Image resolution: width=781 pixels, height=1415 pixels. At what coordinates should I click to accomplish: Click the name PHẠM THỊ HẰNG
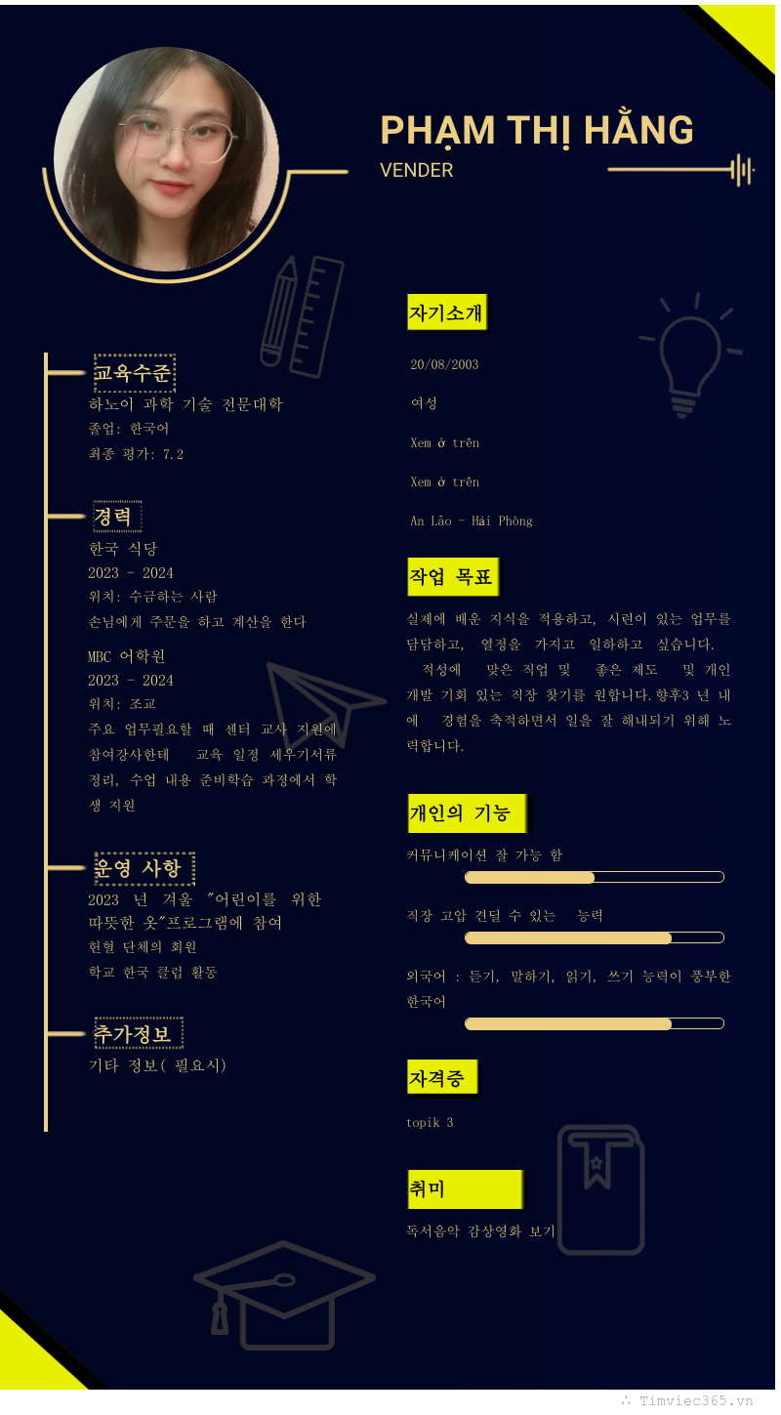(x=536, y=131)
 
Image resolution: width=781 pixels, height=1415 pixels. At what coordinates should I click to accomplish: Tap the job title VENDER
(x=417, y=170)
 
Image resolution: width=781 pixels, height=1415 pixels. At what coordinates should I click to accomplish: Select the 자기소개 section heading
(x=446, y=313)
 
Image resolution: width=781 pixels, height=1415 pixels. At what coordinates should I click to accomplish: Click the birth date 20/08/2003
(x=444, y=364)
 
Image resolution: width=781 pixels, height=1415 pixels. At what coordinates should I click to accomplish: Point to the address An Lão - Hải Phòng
(x=471, y=520)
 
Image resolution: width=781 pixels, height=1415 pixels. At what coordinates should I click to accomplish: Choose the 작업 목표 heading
(x=451, y=577)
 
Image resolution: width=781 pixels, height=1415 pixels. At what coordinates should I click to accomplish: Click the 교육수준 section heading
(x=133, y=373)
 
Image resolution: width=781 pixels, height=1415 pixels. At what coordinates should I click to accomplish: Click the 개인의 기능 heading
(x=464, y=812)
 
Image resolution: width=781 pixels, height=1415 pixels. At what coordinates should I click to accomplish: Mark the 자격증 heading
(x=440, y=1079)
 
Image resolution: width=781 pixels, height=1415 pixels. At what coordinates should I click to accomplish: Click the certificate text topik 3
(x=430, y=1123)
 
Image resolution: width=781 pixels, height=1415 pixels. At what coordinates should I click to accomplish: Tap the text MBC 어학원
(x=127, y=656)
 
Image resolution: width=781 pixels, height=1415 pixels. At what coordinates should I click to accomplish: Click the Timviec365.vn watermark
(x=695, y=1400)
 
